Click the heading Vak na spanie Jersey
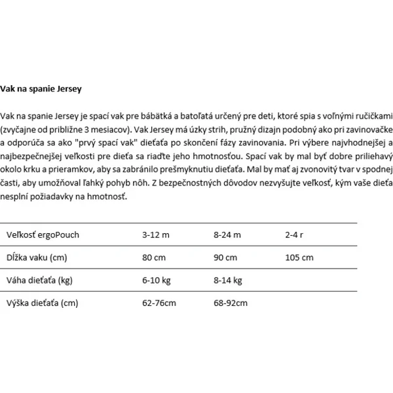click(42, 86)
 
